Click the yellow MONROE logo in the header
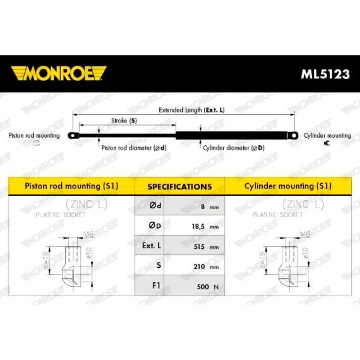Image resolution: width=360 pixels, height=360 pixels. point(58,73)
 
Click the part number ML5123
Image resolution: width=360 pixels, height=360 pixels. point(325,74)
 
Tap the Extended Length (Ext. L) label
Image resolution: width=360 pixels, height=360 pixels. point(191,110)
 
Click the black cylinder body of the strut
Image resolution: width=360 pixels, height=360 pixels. point(232,135)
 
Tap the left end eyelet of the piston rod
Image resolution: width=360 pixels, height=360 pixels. point(72,135)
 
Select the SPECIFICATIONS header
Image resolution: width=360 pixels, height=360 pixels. point(180,186)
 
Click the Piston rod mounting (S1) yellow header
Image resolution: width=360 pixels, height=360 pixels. point(72,186)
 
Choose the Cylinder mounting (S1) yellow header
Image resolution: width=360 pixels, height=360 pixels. point(288,186)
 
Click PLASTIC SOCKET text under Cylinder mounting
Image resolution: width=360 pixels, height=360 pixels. point(278,215)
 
